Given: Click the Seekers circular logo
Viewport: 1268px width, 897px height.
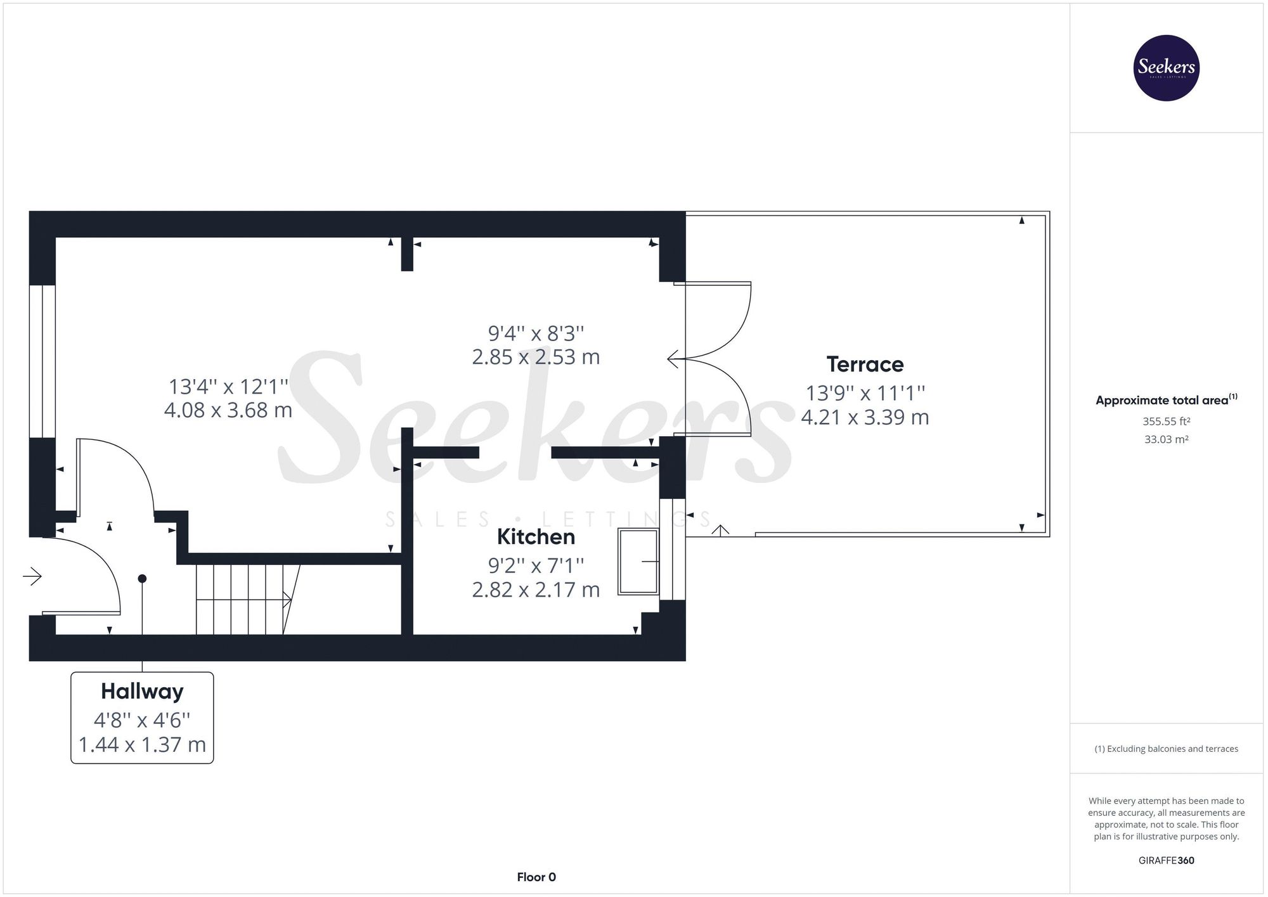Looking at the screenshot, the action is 1166,68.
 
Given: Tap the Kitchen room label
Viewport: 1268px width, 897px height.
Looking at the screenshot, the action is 536,537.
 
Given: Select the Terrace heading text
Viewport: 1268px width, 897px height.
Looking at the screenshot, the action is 865,365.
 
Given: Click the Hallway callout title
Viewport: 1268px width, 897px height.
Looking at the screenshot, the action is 142,691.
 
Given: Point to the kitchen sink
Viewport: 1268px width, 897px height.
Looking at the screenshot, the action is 638,561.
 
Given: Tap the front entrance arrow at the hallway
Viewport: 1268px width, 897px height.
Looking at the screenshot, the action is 32,576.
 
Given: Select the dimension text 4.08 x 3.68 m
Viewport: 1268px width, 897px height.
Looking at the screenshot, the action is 228,410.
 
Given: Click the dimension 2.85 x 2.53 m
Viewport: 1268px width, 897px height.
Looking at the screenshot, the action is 536,357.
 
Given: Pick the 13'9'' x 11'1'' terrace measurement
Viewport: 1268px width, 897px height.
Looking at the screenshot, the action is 865,393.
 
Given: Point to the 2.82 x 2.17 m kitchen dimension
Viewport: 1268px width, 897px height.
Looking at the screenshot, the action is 536,590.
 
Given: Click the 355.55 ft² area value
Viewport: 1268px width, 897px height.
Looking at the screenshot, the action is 1166,421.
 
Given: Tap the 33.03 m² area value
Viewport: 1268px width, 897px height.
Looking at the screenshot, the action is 1166,439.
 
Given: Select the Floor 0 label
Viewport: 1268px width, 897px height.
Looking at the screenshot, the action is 536,877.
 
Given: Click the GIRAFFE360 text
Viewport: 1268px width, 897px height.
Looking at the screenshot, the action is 1166,860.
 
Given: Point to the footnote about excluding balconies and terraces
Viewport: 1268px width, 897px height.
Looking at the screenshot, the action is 1166,749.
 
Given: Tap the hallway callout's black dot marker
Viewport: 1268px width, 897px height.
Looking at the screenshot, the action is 142,579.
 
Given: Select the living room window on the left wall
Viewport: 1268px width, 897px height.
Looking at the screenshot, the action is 42,361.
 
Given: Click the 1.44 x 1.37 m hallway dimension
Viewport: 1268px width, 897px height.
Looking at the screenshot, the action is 142,744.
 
